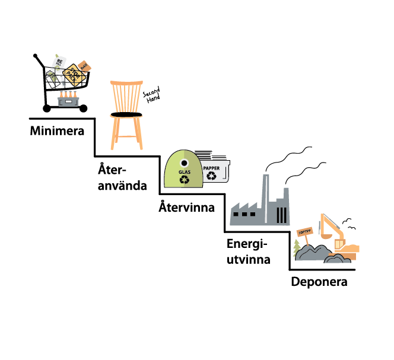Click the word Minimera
[x=57, y=130]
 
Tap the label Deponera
[x=319, y=281]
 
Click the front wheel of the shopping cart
[x=83, y=108]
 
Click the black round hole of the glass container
[x=184, y=161]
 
